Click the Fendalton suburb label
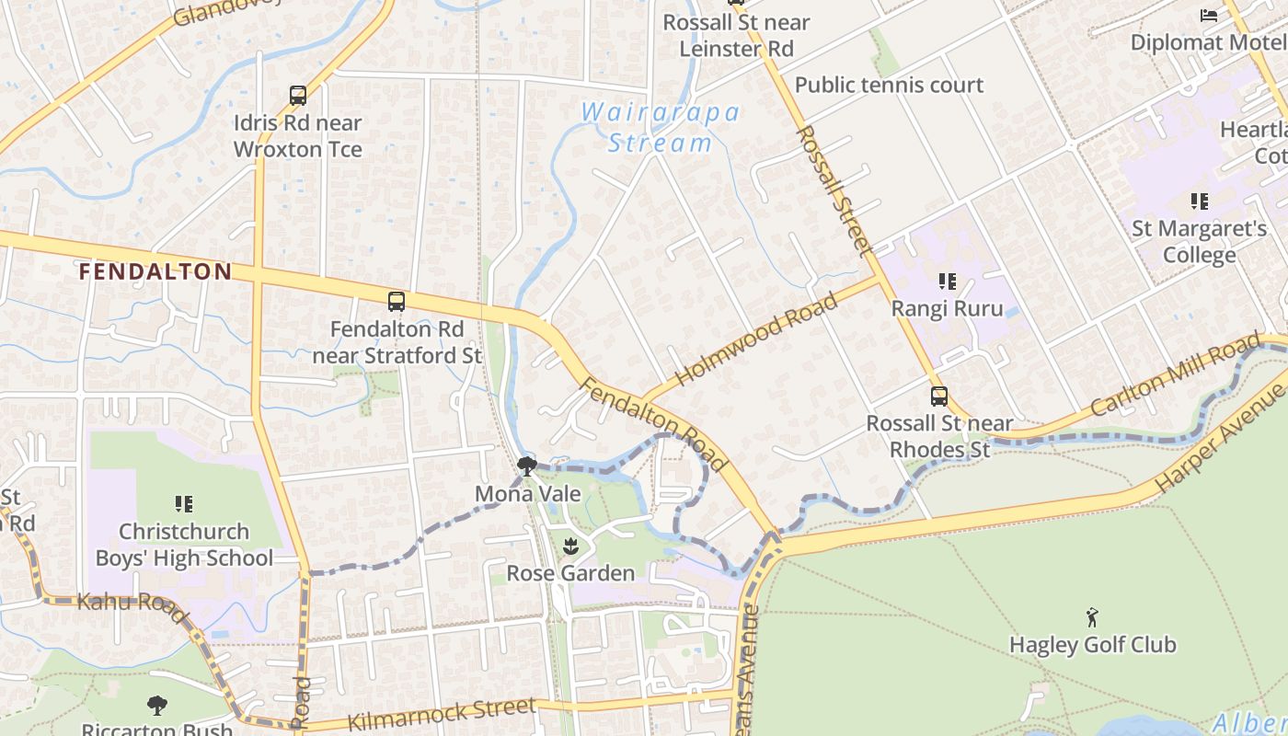(x=155, y=271)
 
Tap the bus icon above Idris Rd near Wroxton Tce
(x=298, y=96)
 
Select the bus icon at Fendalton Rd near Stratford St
(x=397, y=301)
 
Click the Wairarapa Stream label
(x=661, y=127)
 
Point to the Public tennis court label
(x=889, y=85)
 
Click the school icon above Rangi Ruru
(x=947, y=282)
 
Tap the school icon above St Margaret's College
(x=1199, y=201)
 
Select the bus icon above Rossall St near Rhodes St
(x=939, y=397)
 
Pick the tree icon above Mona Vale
(x=527, y=466)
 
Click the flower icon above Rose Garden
(x=570, y=546)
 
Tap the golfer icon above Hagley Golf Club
(x=1092, y=616)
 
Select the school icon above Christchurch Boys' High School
(x=184, y=504)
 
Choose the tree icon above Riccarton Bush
(x=157, y=706)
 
